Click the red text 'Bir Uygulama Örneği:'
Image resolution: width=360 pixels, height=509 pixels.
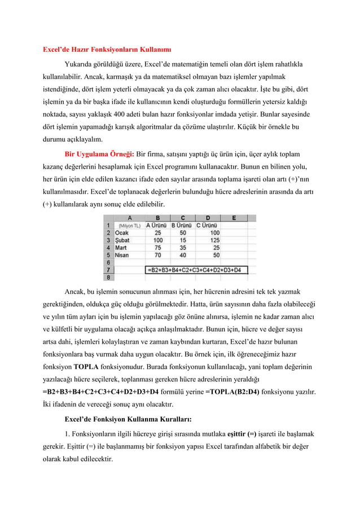tap(99, 153)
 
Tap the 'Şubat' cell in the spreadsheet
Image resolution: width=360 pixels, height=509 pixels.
tap(122, 240)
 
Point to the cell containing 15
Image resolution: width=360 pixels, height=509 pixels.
tap(183, 240)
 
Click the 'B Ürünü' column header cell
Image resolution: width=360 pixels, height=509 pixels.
tap(182, 225)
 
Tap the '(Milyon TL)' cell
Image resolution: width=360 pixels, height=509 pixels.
tap(130, 225)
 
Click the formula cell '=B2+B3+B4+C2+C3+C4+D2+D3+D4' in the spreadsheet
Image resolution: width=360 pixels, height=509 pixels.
tap(195, 270)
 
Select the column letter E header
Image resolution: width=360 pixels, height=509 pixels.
tap(234, 218)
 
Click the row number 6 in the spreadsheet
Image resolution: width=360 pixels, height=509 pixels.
tap(108, 262)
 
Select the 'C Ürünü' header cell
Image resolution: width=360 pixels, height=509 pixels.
tap(208, 225)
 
